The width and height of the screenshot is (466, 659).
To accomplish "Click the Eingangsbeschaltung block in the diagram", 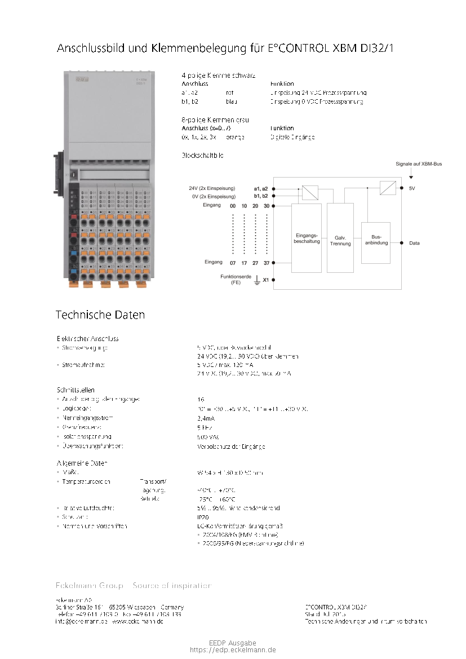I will tap(306, 238).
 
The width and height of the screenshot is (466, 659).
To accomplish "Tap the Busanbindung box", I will tap(375, 243).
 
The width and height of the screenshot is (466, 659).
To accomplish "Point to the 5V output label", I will tap(412, 188).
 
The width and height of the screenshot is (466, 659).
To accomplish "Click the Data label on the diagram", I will tap(414, 243).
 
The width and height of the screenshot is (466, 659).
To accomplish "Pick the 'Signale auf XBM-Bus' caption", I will tap(418, 164).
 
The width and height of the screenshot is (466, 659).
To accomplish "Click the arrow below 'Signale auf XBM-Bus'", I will tap(410, 175).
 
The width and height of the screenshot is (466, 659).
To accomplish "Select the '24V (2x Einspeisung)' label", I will tap(212, 188).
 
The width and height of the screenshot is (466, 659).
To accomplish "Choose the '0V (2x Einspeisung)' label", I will tap(213, 196).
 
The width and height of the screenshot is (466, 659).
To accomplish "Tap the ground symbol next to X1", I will tap(256, 280).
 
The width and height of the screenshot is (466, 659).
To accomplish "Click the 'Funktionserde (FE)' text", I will tap(236, 280).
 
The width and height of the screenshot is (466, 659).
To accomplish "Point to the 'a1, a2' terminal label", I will tap(261, 188).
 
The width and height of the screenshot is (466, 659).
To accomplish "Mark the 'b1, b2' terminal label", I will tap(261, 196).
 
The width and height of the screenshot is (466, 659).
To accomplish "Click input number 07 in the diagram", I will tap(233, 263).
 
